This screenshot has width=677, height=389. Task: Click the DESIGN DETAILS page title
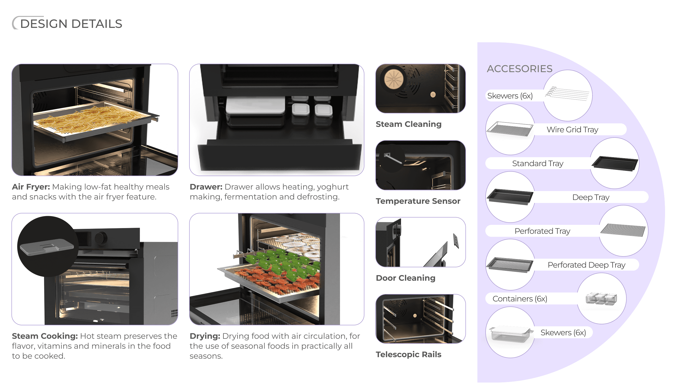click(71, 24)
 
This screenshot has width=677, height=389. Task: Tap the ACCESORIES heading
click(519, 69)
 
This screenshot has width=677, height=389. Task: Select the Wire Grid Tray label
click(572, 130)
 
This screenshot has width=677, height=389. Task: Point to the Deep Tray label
click(591, 197)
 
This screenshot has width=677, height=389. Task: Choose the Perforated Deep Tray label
click(586, 265)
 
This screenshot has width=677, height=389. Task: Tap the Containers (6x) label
click(520, 299)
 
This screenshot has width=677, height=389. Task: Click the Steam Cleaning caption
click(408, 124)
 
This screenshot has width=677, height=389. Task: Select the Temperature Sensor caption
click(418, 201)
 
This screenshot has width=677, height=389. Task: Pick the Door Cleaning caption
click(405, 278)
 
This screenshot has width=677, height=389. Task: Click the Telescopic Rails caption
click(408, 354)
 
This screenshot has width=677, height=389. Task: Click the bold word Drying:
click(205, 336)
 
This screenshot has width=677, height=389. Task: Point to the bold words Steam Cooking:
click(45, 336)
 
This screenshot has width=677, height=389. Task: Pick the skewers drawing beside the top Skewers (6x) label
click(567, 94)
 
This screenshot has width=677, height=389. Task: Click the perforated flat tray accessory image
click(623, 230)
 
